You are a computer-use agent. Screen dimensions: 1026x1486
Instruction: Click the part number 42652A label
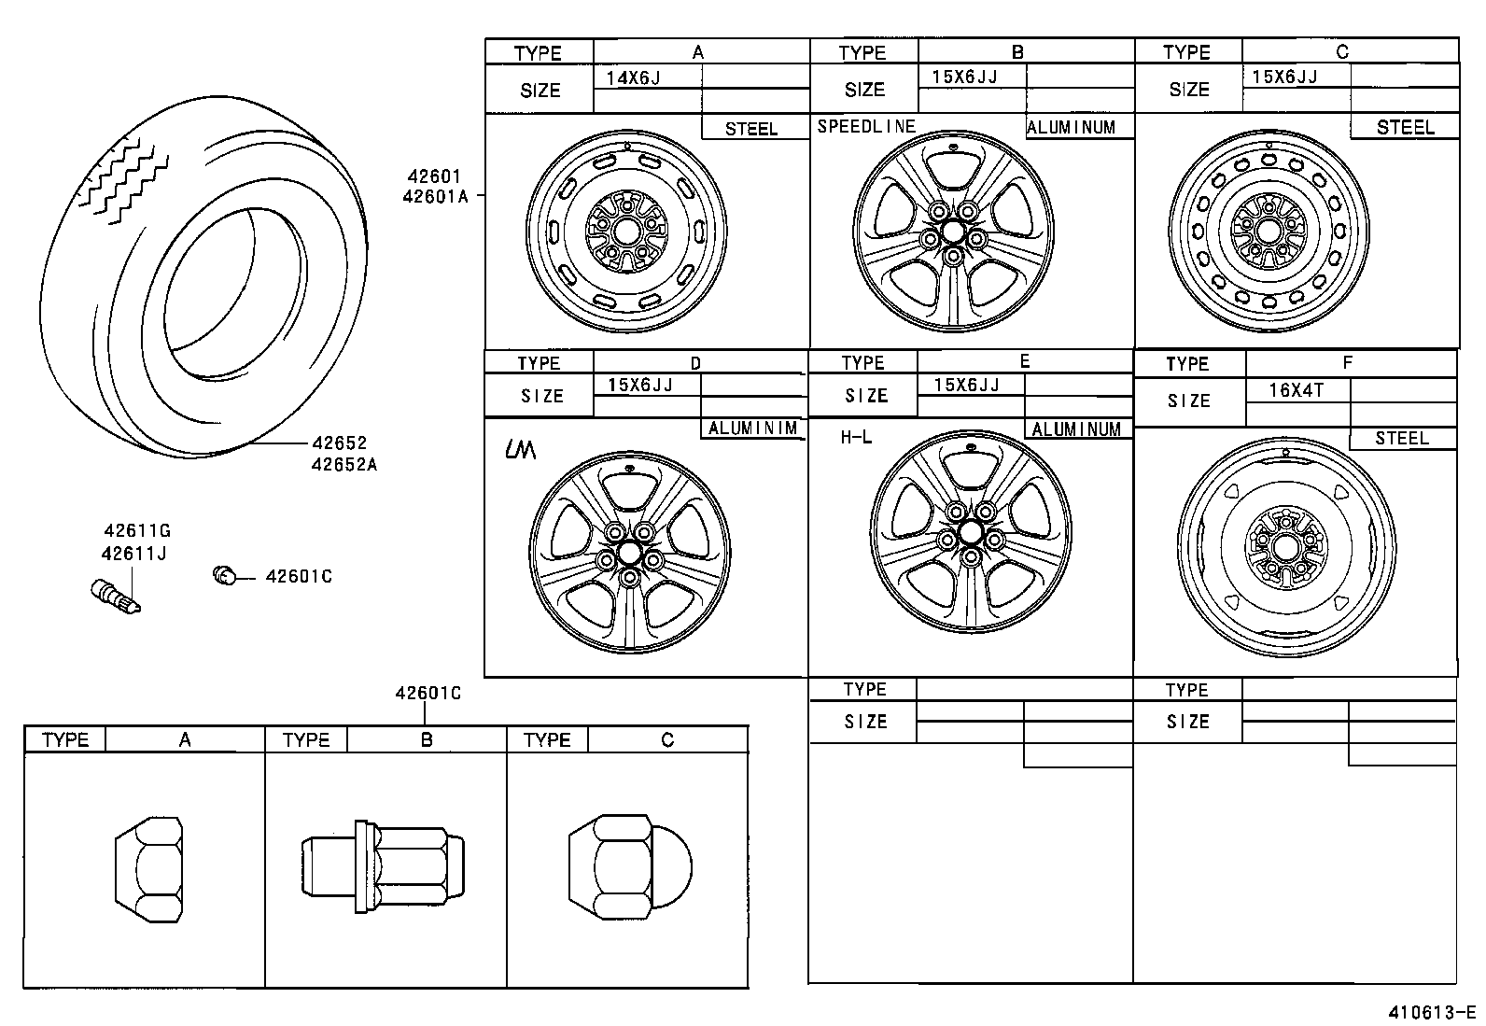[x=344, y=464]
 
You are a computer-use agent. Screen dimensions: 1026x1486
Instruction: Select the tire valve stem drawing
[x=116, y=597]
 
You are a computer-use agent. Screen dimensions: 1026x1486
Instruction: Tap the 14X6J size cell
[x=633, y=77]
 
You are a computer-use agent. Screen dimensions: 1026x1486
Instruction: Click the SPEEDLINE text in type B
[x=866, y=126]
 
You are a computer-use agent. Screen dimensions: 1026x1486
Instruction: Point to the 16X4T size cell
[x=1296, y=391]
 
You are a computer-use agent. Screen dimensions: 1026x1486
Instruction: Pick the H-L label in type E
[x=855, y=437]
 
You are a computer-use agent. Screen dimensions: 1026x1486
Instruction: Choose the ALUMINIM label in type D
[x=752, y=429]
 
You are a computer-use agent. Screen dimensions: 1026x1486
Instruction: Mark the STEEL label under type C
[x=1405, y=128]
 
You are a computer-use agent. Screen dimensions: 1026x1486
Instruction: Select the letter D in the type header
[x=695, y=363]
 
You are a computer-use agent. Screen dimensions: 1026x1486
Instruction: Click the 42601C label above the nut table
[x=428, y=694]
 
